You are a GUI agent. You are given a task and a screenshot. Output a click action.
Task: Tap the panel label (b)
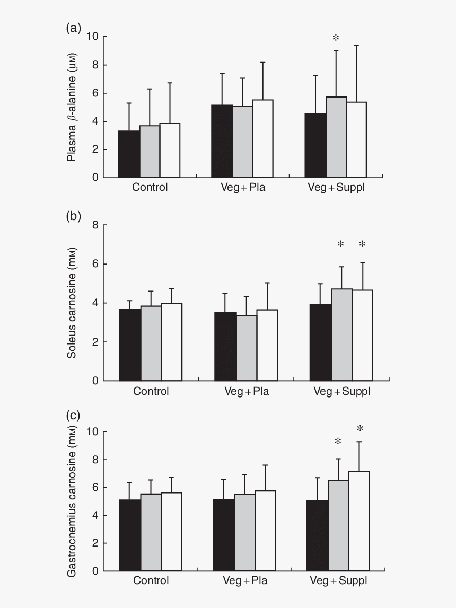[74, 216]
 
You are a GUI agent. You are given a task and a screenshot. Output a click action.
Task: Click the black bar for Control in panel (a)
[129, 154]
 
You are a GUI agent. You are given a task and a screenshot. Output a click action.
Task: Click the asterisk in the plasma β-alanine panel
[336, 38]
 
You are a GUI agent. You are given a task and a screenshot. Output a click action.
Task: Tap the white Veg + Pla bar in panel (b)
[267, 345]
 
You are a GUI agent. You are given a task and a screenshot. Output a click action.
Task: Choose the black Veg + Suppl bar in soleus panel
[321, 342]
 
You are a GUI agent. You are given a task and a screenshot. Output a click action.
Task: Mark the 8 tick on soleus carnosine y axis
[96, 225]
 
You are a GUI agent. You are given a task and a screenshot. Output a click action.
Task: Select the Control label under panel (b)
[151, 392]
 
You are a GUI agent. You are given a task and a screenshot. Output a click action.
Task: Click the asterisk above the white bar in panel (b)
[363, 244]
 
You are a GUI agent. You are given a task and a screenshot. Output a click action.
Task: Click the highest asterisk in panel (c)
[361, 429]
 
